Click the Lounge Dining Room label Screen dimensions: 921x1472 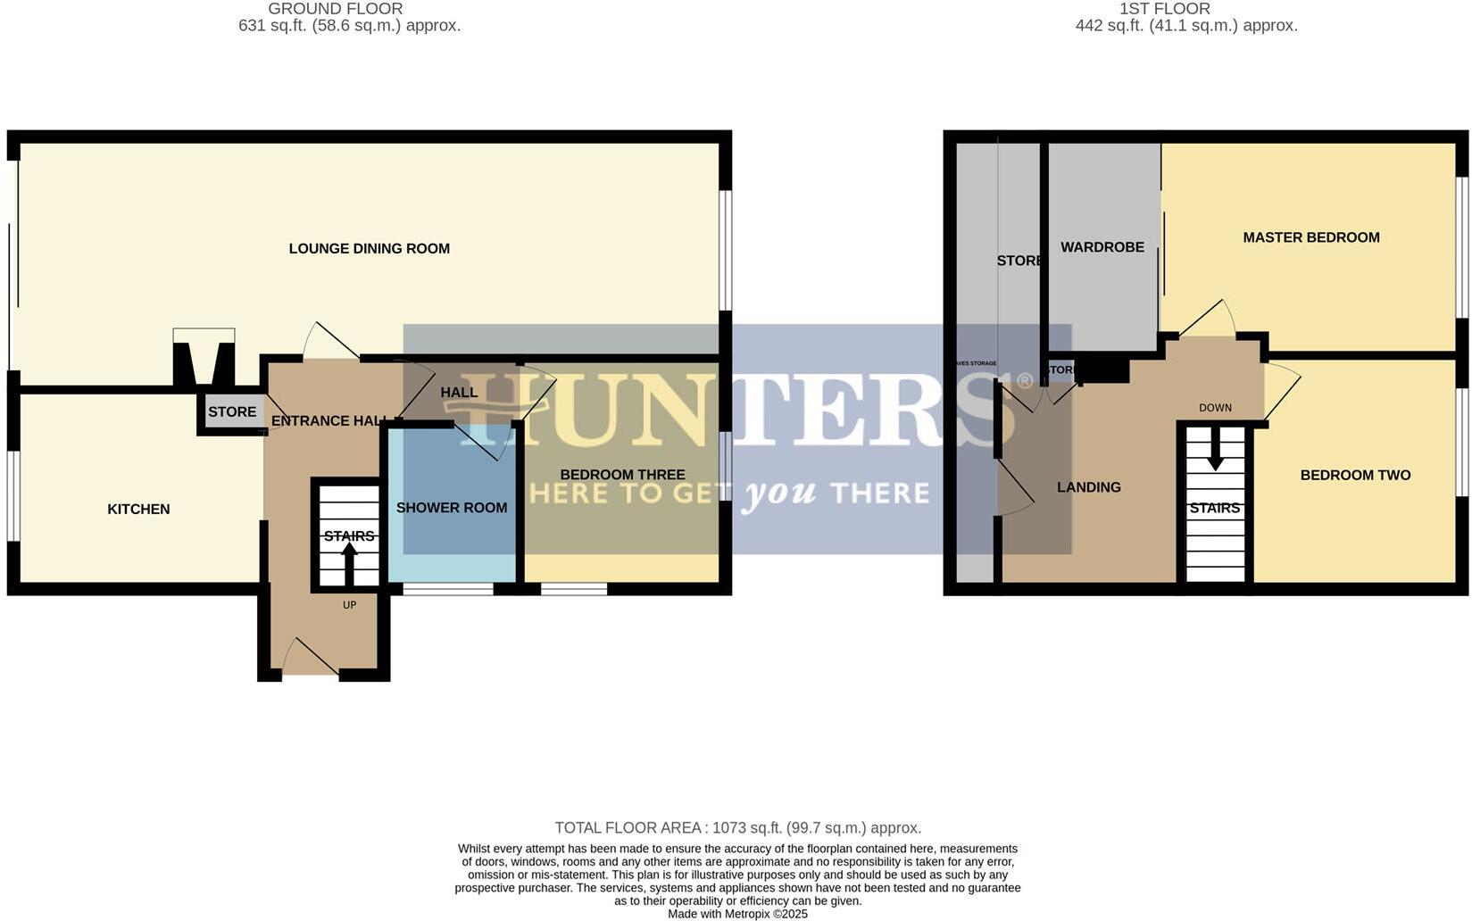369,249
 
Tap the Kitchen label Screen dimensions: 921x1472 138,510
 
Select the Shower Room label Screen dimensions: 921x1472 452,508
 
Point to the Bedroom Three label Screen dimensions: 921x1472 622,475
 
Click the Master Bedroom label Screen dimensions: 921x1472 1310,237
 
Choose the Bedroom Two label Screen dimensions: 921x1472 1355,476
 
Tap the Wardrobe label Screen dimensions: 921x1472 1102,247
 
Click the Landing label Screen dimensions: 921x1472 1088,487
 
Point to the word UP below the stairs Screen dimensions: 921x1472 349,605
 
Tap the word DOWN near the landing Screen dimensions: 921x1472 1215,408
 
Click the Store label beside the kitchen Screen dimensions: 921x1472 232,412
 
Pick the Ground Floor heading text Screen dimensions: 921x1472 336,9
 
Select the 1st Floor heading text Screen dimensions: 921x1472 1165,9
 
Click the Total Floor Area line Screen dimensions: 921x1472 737,828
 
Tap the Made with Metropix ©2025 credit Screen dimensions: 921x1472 737,914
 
